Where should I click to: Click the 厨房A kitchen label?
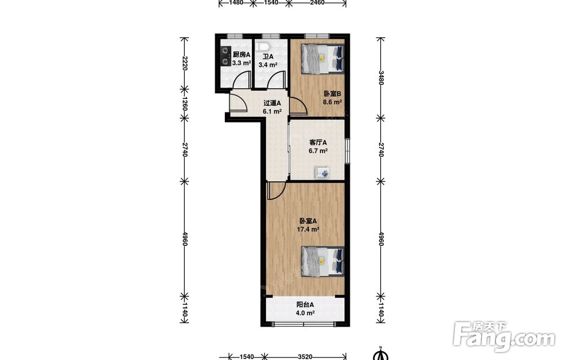(241, 55)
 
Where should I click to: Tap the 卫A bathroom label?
(268, 57)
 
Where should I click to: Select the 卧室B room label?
(332, 94)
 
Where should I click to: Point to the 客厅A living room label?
(318, 143)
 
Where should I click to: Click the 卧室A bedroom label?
(308, 221)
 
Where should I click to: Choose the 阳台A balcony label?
(305, 305)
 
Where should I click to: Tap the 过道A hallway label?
(272, 103)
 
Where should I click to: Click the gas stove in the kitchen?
(225, 56)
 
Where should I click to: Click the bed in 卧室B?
(323, 59)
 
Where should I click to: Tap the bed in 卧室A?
(323, 262)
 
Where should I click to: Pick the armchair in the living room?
(323, 172)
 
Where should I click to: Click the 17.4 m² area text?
(308, 229)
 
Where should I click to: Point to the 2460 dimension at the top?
(317, 2)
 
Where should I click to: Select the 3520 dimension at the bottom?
(305, 357)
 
